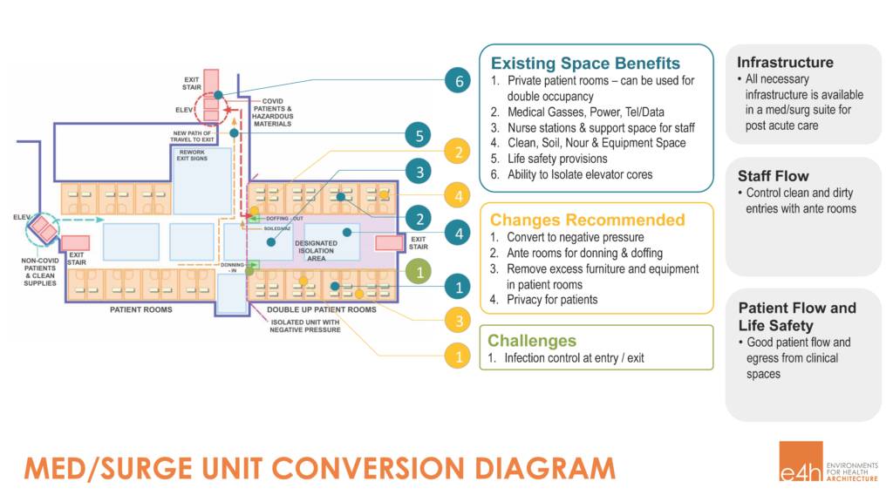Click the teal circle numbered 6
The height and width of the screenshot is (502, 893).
458,82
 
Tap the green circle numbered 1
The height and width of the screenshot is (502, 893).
419,272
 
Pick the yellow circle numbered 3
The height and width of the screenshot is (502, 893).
458,321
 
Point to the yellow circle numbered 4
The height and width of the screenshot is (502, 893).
458,193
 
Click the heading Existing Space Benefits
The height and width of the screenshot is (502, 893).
585,64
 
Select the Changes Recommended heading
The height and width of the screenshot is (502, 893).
588,220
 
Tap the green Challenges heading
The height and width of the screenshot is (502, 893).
532,341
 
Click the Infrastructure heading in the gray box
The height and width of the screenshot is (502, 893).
785,62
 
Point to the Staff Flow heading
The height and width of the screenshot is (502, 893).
773,175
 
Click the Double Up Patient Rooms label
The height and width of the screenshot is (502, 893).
322,310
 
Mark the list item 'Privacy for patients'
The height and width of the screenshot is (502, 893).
552,300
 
